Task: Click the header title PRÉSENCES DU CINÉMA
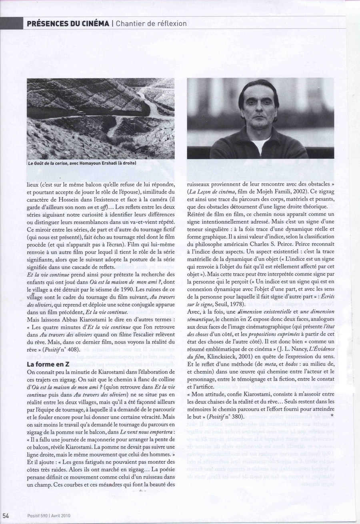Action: click(68, 24)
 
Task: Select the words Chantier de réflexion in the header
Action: click(152, 24)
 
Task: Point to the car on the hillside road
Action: click(81, 114)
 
